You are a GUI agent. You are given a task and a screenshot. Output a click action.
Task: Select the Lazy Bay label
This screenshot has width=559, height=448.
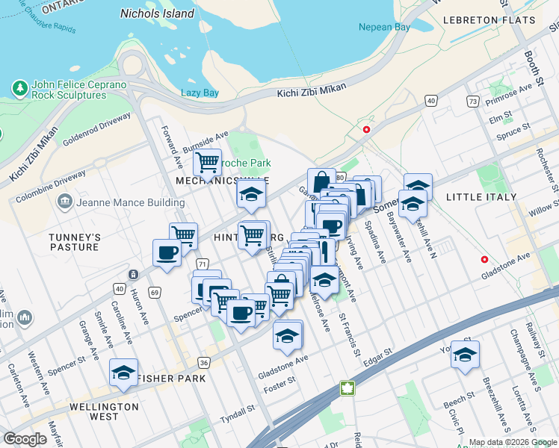(200, 93)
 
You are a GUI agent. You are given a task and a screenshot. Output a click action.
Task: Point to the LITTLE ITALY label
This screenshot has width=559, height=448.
(481, 196)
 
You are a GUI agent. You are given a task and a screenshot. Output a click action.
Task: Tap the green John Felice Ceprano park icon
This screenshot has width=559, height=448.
(19, 89)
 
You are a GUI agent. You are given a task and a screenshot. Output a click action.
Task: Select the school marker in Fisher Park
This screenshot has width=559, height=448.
(124, 373)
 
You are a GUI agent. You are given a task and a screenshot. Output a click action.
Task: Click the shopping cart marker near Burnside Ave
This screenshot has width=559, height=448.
(207, 162)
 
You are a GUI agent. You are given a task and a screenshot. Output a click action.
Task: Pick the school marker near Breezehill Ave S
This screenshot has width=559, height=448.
(465, 355)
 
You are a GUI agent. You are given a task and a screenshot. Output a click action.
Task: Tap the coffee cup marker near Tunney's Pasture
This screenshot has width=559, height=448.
(167, 252)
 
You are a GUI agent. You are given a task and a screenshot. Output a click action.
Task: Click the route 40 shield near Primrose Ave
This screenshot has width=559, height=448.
(431, 100)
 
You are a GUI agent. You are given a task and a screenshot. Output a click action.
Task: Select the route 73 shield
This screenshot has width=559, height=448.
(472, 101)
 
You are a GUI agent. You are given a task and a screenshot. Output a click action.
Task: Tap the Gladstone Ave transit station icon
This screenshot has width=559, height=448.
(485, 261)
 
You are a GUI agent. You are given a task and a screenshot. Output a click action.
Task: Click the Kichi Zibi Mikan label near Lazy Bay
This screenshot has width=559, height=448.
(312, 88)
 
